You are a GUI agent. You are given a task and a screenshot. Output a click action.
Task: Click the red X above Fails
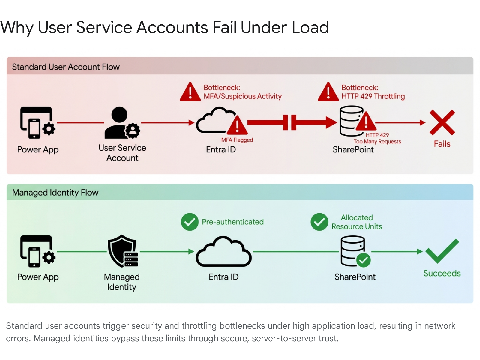click(x=442, y=122)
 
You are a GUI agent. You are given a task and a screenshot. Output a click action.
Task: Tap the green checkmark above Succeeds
click(x=442, y=251)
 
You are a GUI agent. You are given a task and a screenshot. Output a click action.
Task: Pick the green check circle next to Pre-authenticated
click(x=190, y=222)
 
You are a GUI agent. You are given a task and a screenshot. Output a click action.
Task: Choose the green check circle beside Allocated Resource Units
click(x=319, y=222)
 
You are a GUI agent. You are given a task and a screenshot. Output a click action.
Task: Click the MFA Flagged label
click(x=237, y=140)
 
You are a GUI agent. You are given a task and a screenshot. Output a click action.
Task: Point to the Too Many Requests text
click(x=377, y=141)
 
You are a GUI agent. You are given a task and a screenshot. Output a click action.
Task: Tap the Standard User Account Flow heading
click(x=66, y=67)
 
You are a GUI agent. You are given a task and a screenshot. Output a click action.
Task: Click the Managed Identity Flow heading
click(x=55, y=193)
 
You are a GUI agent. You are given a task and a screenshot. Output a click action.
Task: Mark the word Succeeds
click(x=442, y=273)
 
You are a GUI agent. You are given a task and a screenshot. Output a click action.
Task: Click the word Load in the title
click(x=310, y=27)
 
